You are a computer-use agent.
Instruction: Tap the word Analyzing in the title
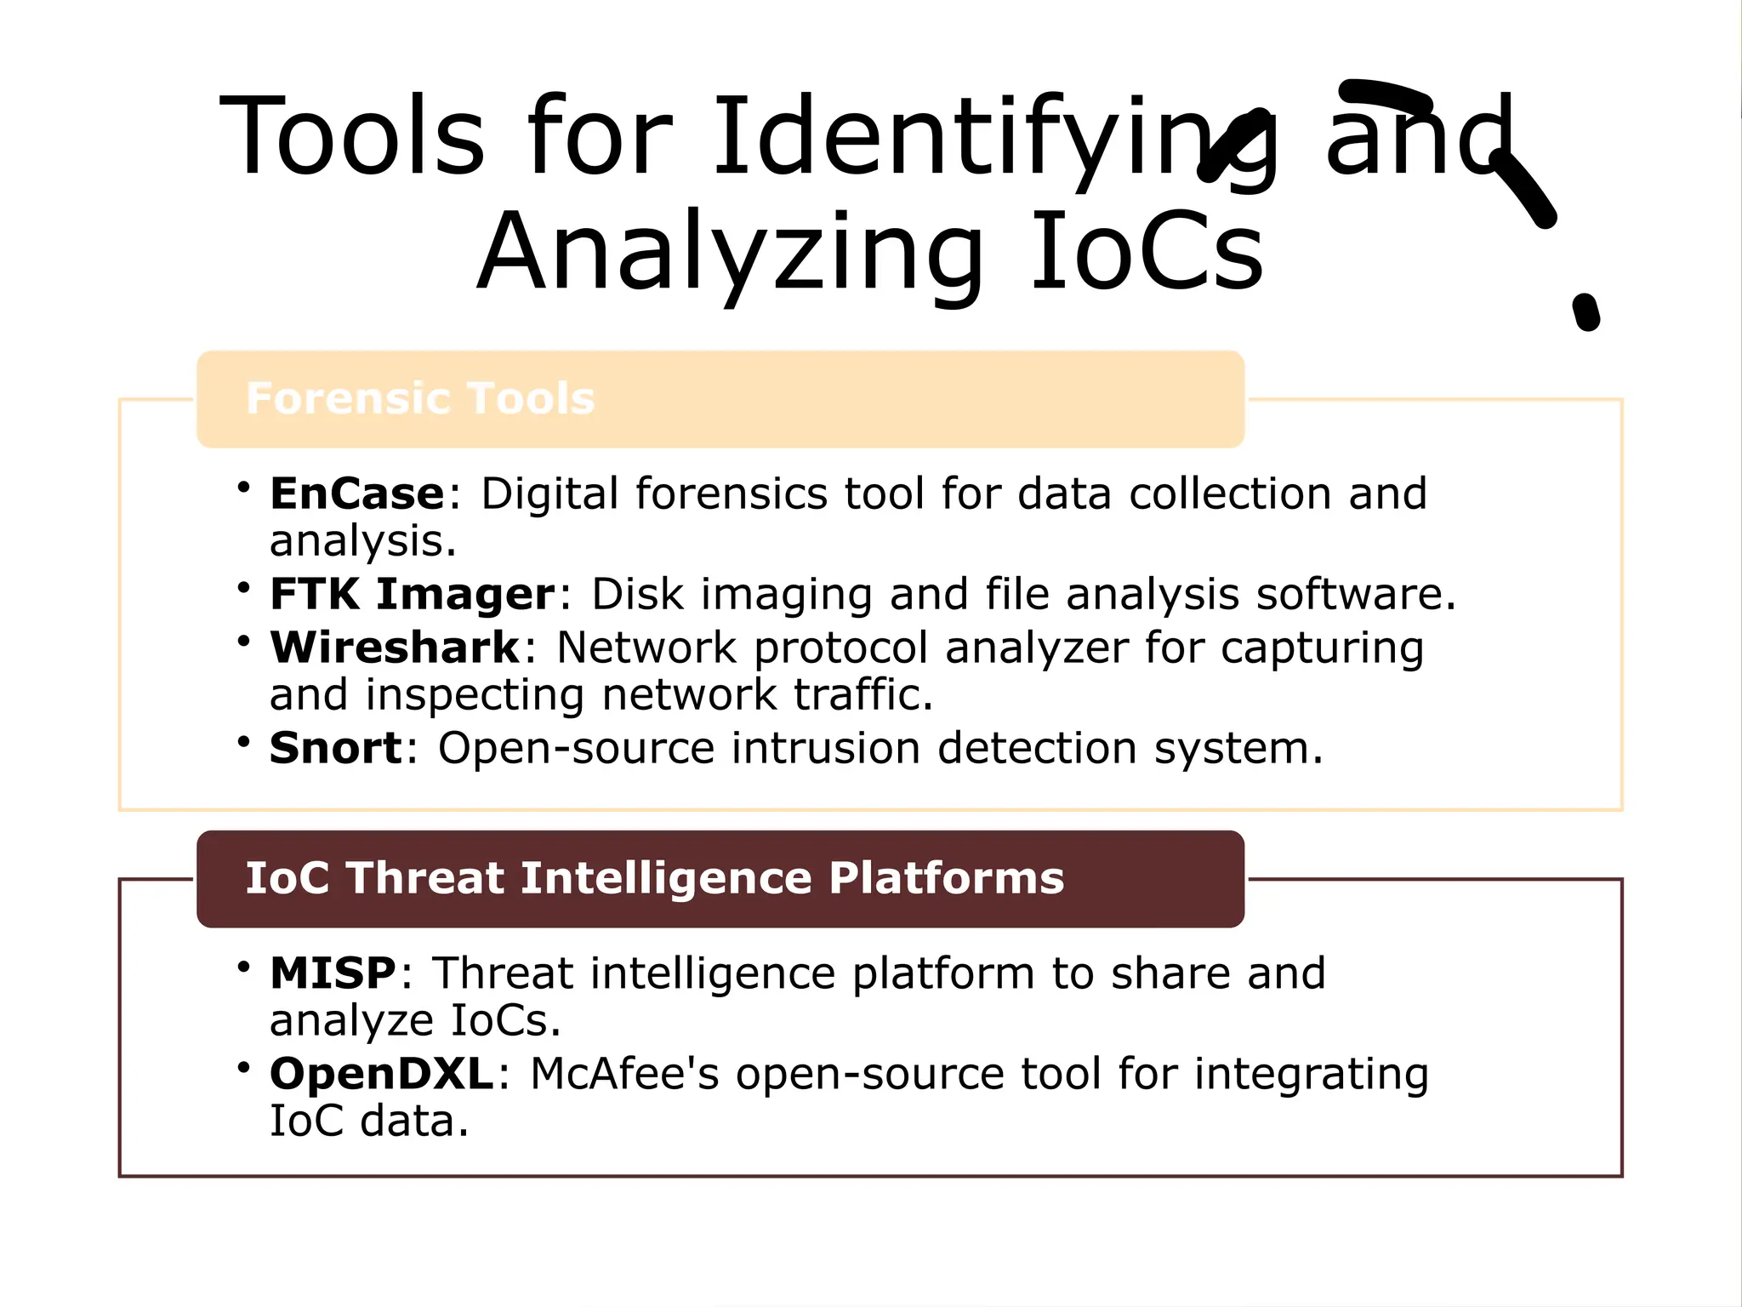[730, 253]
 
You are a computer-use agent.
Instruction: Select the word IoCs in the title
[1147, 253]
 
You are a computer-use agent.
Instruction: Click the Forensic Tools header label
[420, 398]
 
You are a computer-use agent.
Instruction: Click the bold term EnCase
[357, 494]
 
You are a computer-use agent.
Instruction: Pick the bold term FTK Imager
[413, 594]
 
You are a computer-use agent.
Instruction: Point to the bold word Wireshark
[395, 648]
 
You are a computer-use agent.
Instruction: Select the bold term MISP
[333, 973]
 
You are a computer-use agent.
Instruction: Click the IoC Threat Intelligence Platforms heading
[654, 878]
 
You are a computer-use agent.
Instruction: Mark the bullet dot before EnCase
[244, 488]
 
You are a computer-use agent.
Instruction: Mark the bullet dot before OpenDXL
[244, 1067]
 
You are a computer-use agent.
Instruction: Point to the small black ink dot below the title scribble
[1585, 312]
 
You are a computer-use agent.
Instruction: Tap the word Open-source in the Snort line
[576, 749]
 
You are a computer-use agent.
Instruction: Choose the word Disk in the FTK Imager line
[637, 594]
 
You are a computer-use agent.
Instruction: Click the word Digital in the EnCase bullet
[549, 494]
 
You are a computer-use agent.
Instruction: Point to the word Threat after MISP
[503, 973]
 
